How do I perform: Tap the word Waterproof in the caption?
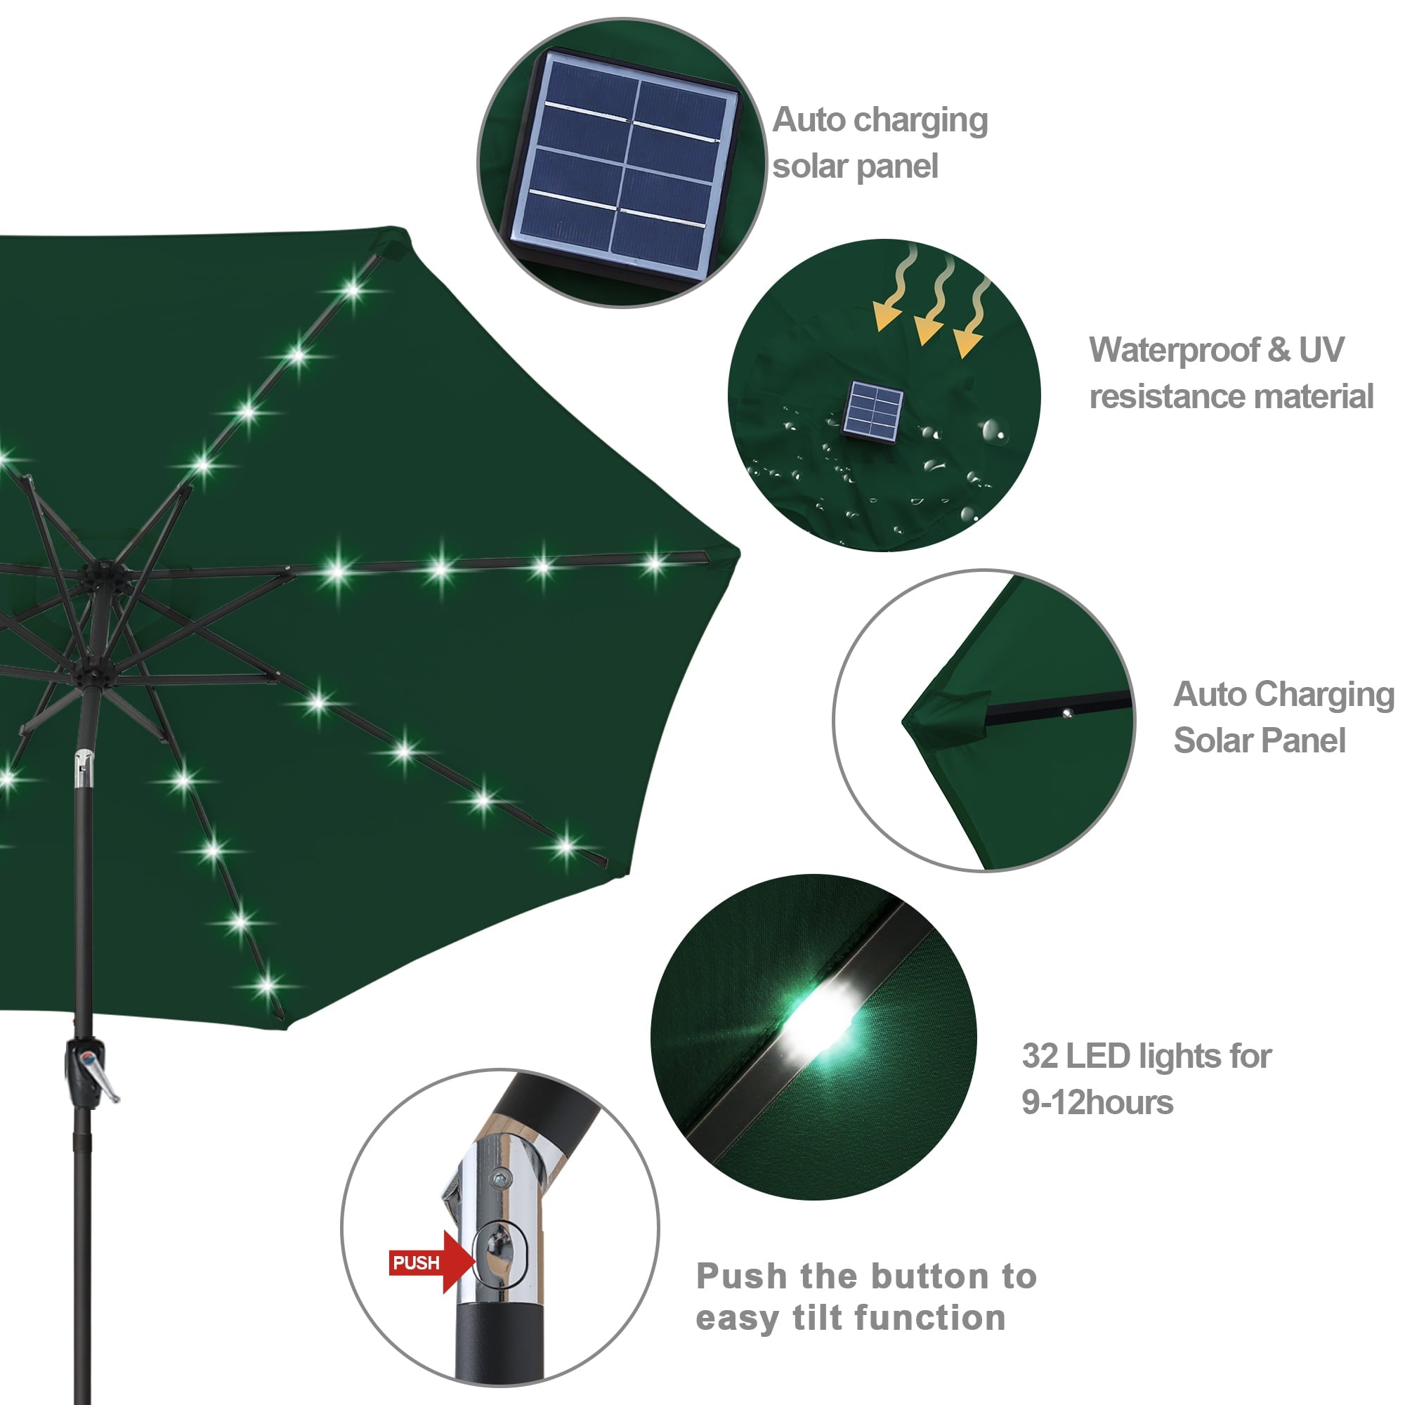click(1174, 351)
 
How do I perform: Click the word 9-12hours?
click(1097, 1102)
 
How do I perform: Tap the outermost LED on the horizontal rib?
click(654, 562)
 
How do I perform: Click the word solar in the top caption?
click(808, 166)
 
